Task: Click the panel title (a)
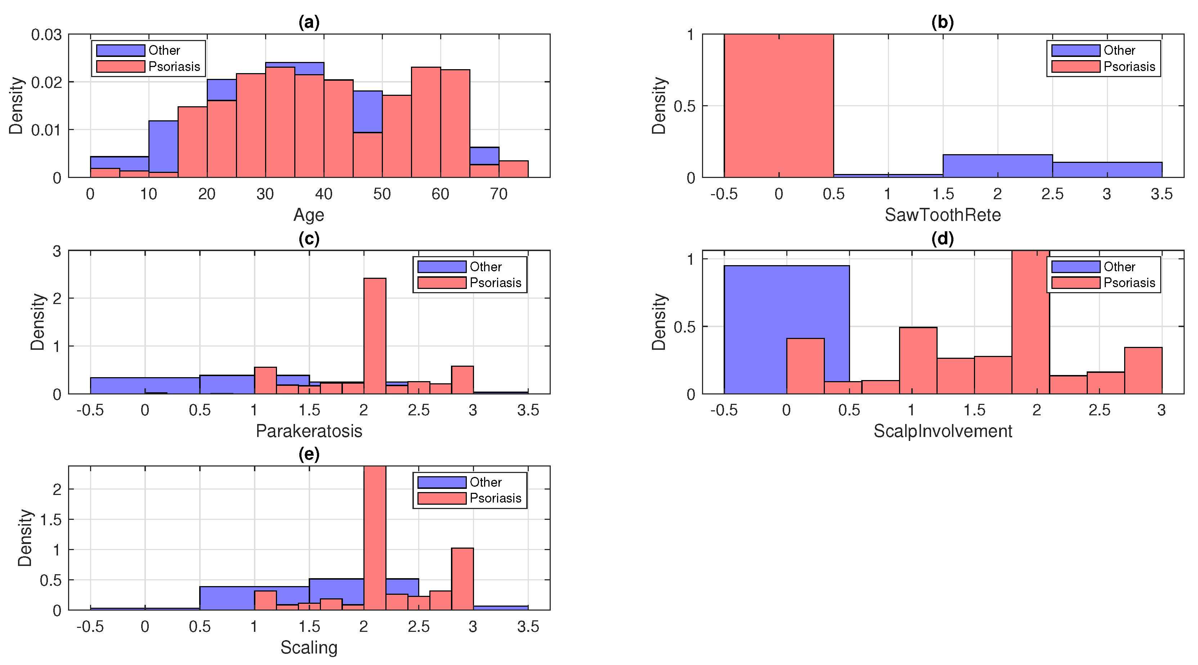(x=309, y=22)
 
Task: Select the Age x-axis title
(x=309, y=215)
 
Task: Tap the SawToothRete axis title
(x=943, y=215)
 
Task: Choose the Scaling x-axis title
(x=309, y=647)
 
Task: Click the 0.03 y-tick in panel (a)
(x=46, y=35)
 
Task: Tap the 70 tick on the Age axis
(x=499, y=194)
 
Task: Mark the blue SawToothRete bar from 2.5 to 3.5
(x=1107, y=170)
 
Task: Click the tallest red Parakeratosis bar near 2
(x=375, y=335)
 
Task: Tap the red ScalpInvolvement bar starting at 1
(x=917, y=360)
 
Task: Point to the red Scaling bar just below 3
(x=462, y=579)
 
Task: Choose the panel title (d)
(x=943, y=238)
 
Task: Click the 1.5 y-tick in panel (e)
(x=51, y=520)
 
